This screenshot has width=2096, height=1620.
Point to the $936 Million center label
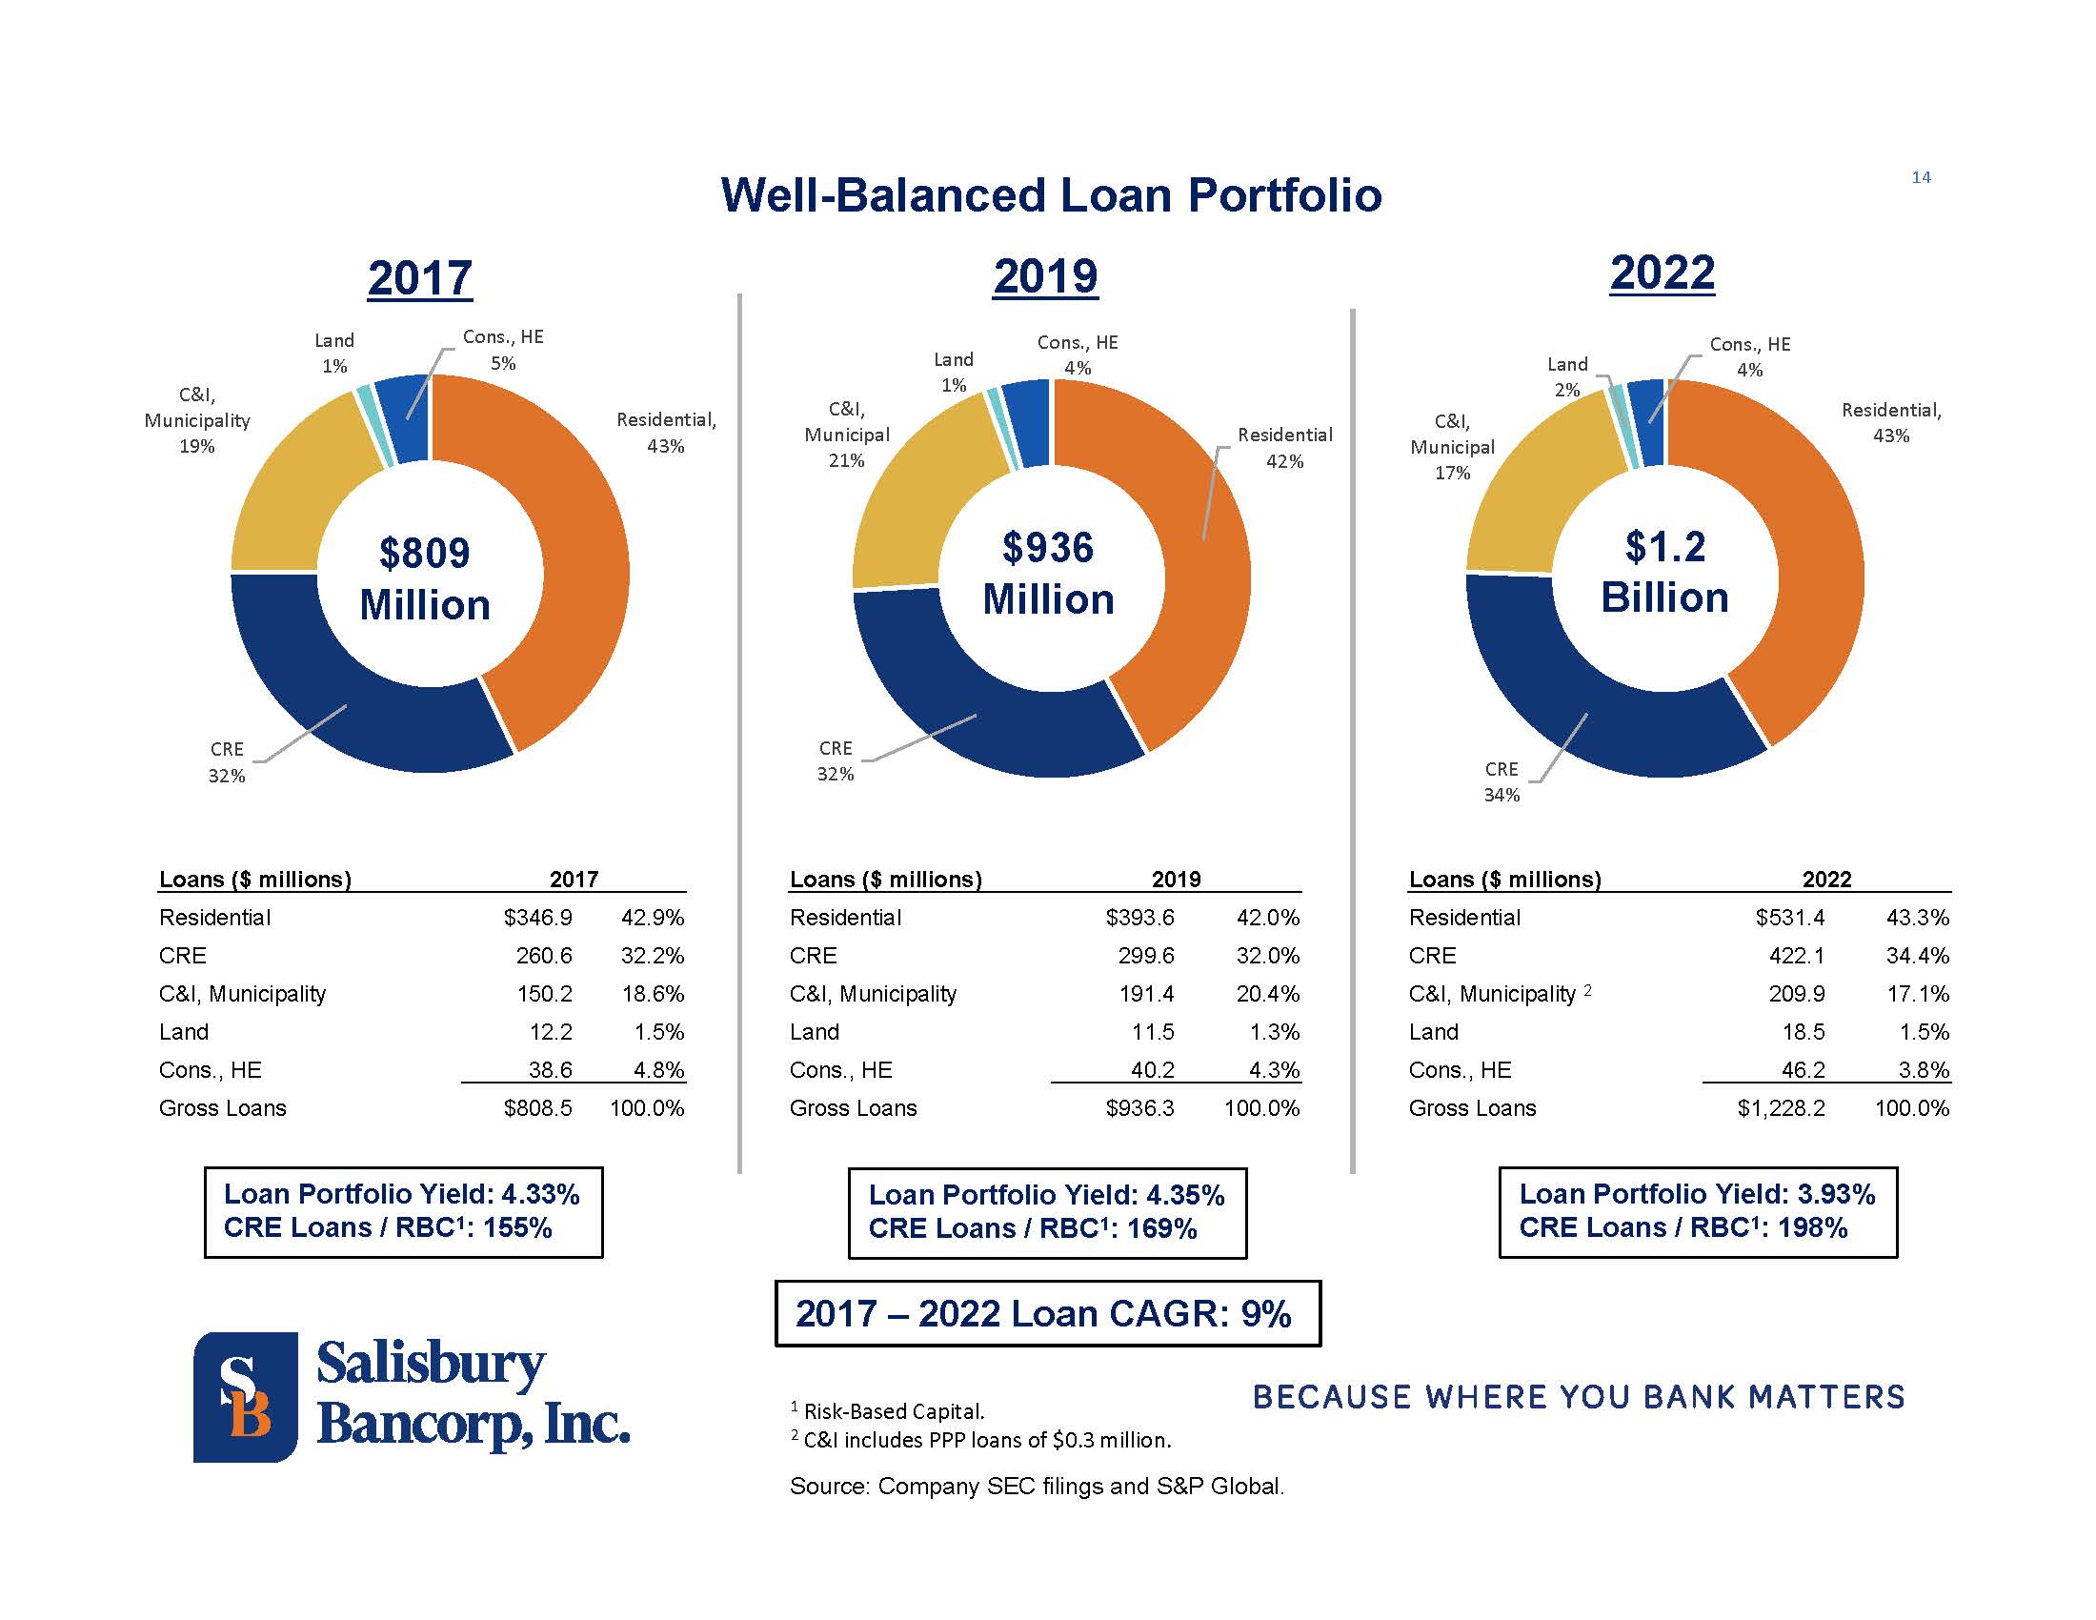pos(1048,573)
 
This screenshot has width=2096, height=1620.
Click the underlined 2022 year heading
pos(1663,273)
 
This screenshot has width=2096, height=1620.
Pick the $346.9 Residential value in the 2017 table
pos(537,918)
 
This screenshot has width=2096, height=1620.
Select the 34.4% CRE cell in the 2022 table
pos(1918,956)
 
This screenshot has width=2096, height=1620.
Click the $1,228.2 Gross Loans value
pos(1782,1108)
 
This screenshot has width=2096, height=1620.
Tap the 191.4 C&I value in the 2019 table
pos(1147,994)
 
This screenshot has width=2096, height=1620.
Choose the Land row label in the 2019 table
pos(814,1032)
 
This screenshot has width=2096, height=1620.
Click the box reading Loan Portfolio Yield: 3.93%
pos(1697,1211)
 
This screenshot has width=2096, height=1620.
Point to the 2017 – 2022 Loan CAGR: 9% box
pos(1047,1313)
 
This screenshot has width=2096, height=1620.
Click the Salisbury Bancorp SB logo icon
pos(246,1396)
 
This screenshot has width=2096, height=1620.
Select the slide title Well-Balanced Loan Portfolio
pos(1051,194)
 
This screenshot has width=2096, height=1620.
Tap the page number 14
pos(1921,177)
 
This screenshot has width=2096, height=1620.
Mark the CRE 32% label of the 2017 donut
pos(227,762)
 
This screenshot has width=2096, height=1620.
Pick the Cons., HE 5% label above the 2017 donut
pos(503,350)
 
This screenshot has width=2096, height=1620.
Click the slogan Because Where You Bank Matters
pos(1579,1396)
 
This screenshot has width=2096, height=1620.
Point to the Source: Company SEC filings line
pos(1037,1486)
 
